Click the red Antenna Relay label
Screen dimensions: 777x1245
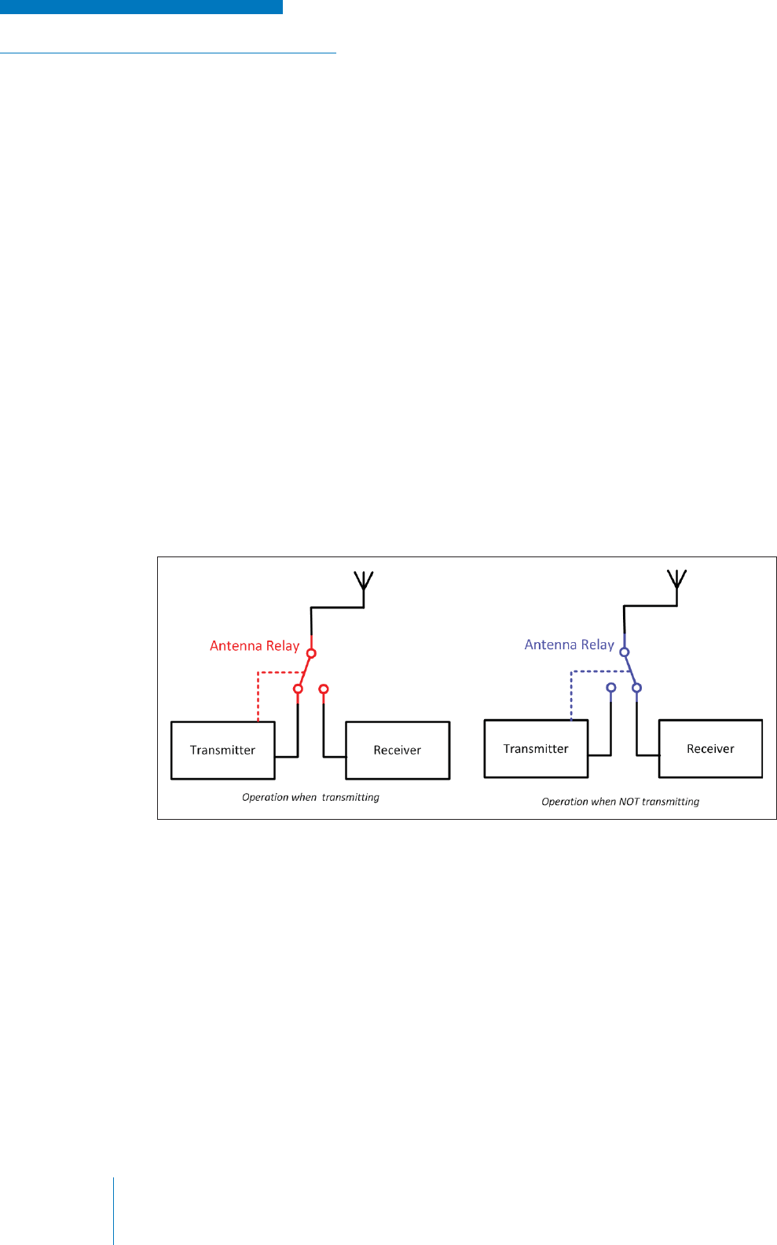coord(255,645)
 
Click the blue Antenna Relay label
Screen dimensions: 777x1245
coord(569,645)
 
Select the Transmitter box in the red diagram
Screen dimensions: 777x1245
coord(222,750)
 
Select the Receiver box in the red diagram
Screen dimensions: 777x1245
coord(398,750)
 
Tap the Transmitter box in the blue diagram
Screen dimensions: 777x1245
coord(536,748)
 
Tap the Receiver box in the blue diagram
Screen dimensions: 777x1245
coord(710,748)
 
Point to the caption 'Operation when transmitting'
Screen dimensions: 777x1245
coord(310,797)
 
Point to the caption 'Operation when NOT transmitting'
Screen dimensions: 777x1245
coord(620,802)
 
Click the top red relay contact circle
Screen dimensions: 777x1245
coord(311,653)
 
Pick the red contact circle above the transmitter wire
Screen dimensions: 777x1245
coord(298,689)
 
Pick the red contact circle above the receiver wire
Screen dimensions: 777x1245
coord(324,689)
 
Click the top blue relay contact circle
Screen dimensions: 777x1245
coord(625,652)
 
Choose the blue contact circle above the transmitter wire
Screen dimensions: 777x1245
coord(611,688)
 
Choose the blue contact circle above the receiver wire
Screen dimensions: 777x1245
coord(637,688)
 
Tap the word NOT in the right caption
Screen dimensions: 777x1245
coord(629,802)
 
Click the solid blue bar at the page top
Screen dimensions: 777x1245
coord(141,7)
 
